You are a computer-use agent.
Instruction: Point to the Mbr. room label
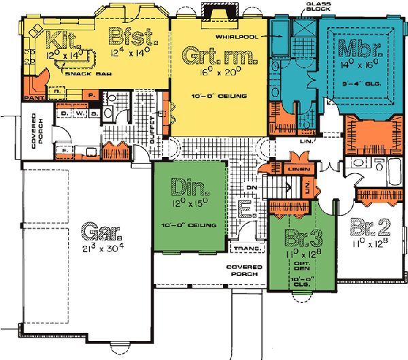(x=359, y=49)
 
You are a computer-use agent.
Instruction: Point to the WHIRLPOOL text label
(x=237, y=36)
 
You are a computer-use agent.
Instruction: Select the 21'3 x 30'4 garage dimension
(x=100, y=250)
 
